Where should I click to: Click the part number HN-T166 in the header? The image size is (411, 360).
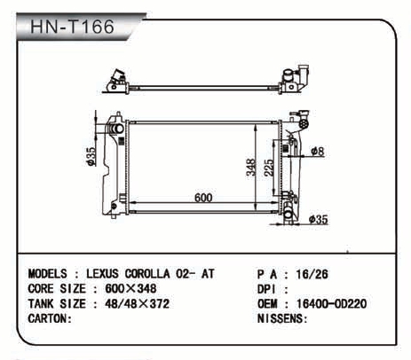pyautogui.click(x=72, y=27)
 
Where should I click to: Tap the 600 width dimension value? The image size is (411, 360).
pyautogui.click(x=203, y=198)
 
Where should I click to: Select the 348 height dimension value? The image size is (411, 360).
pyautogui.click(x=251, y=168)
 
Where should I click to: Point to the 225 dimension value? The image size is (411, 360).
pyautogui.click(x=269, y=168)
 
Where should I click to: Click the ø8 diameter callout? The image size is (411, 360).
pyautogui.click(x=318, y=152)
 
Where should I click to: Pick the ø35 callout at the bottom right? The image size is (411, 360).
pyautogui.click(x=319, y=219)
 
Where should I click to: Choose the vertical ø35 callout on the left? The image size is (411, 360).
pyautogui.click(x=91, y=156)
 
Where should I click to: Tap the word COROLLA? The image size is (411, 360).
pyautogui.click(x=147, y=274)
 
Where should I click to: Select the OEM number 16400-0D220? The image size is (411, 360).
pyautogui.click(x=331, y=303)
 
